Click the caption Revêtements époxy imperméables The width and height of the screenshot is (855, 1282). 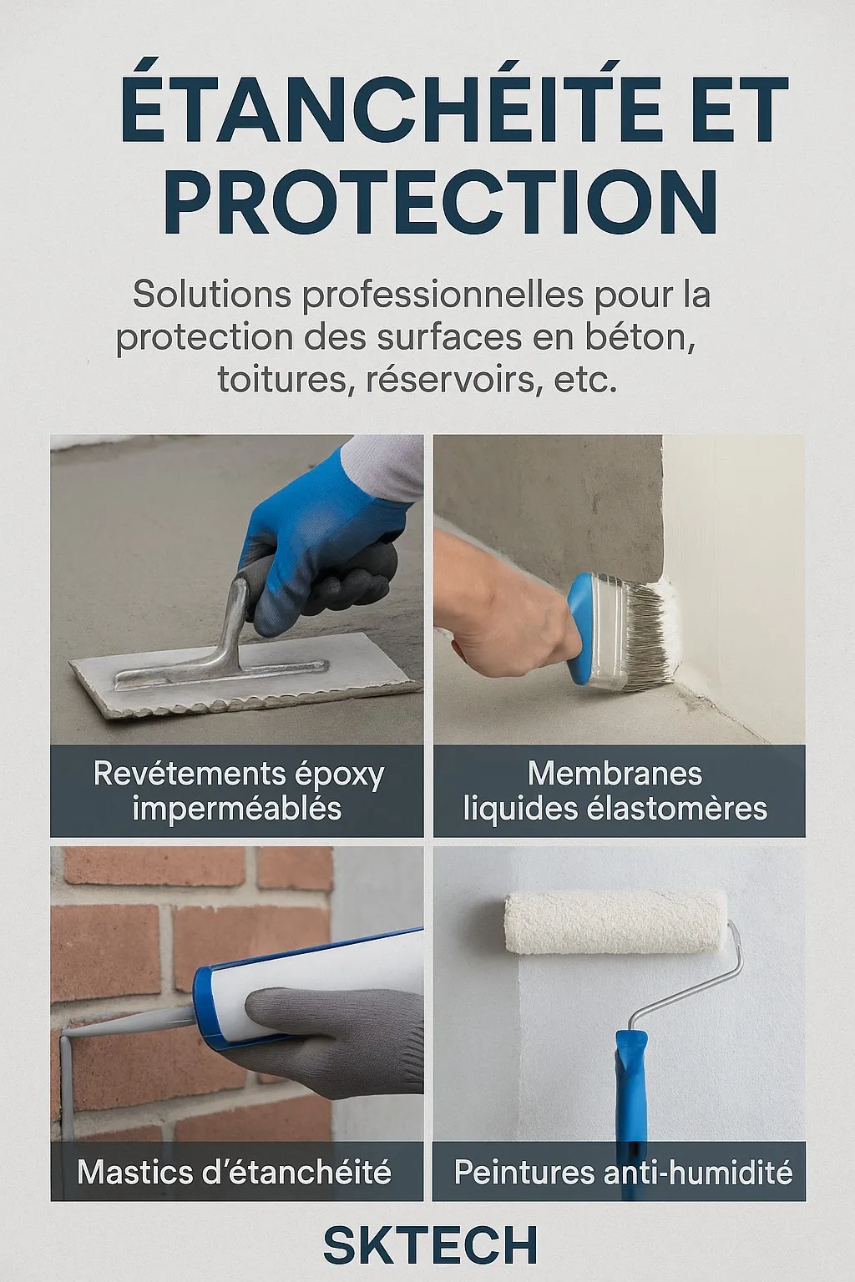click(238, 791)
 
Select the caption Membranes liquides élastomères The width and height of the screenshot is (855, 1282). click(615, 791)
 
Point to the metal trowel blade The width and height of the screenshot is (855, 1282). click(243, 675)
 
